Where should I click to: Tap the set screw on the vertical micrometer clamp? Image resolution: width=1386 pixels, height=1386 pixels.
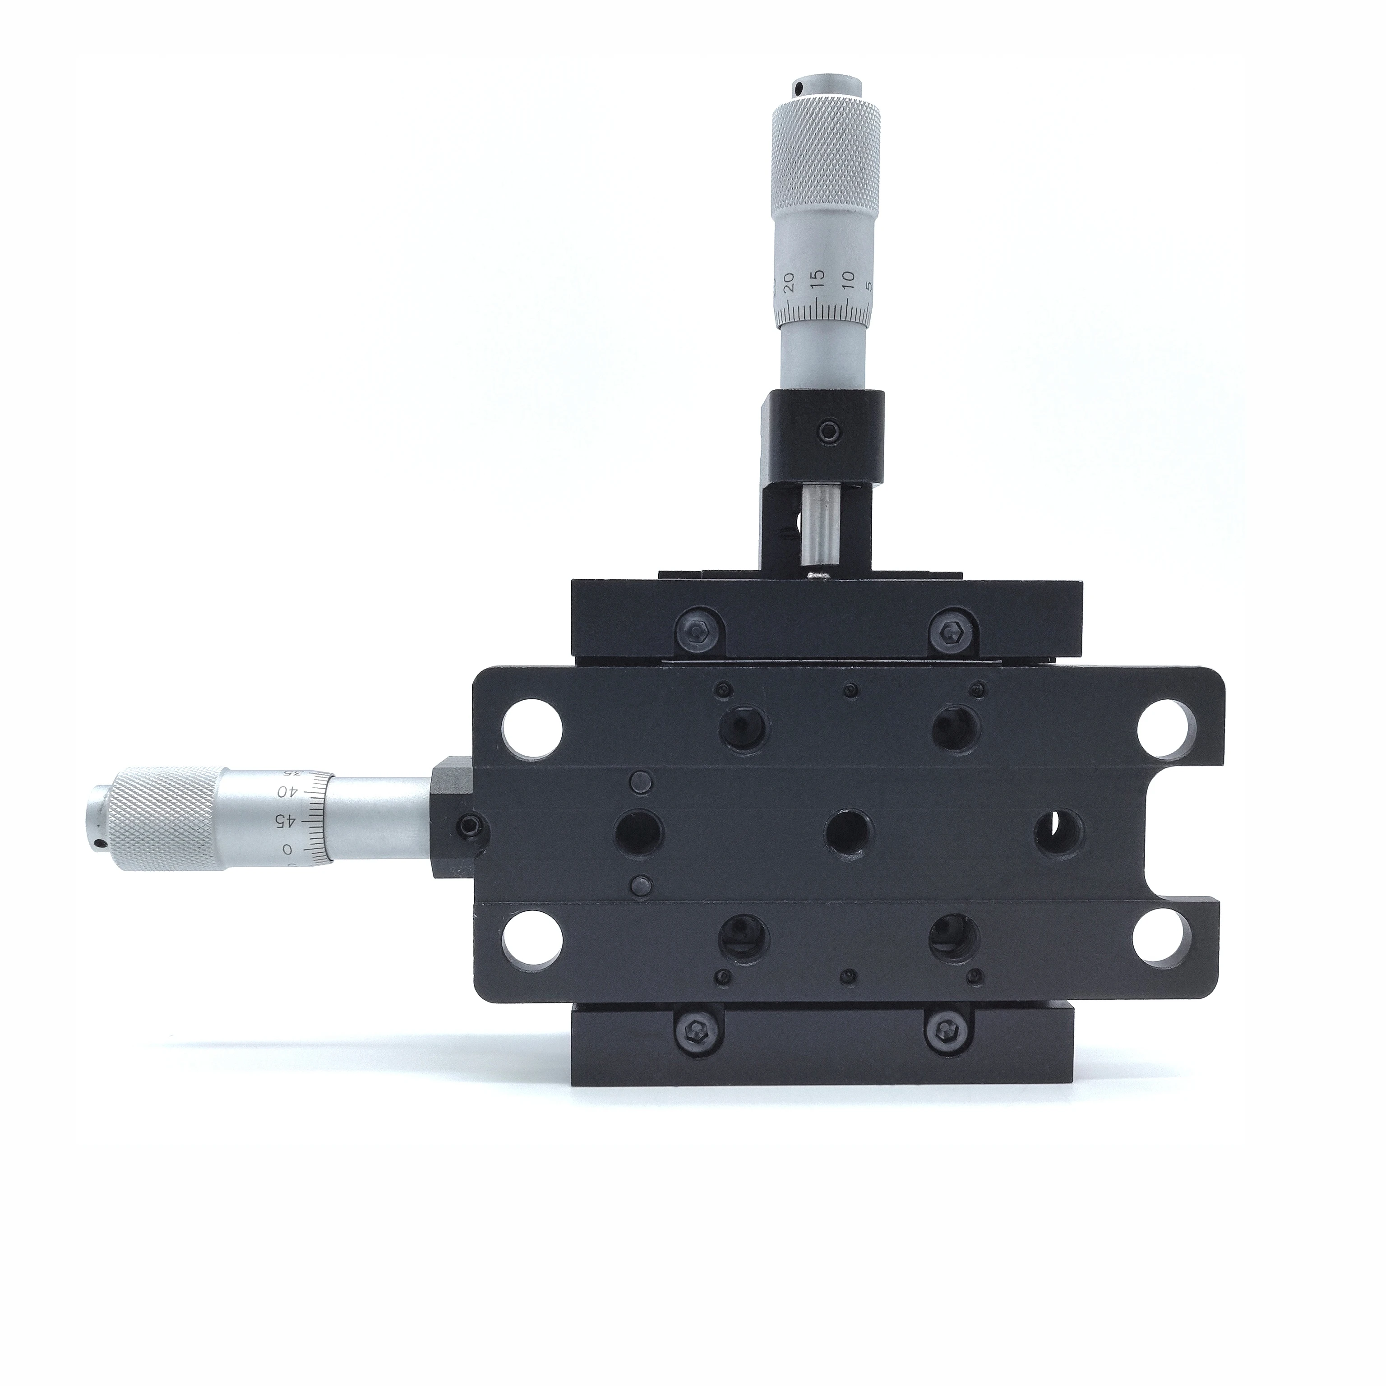(830, 431)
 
